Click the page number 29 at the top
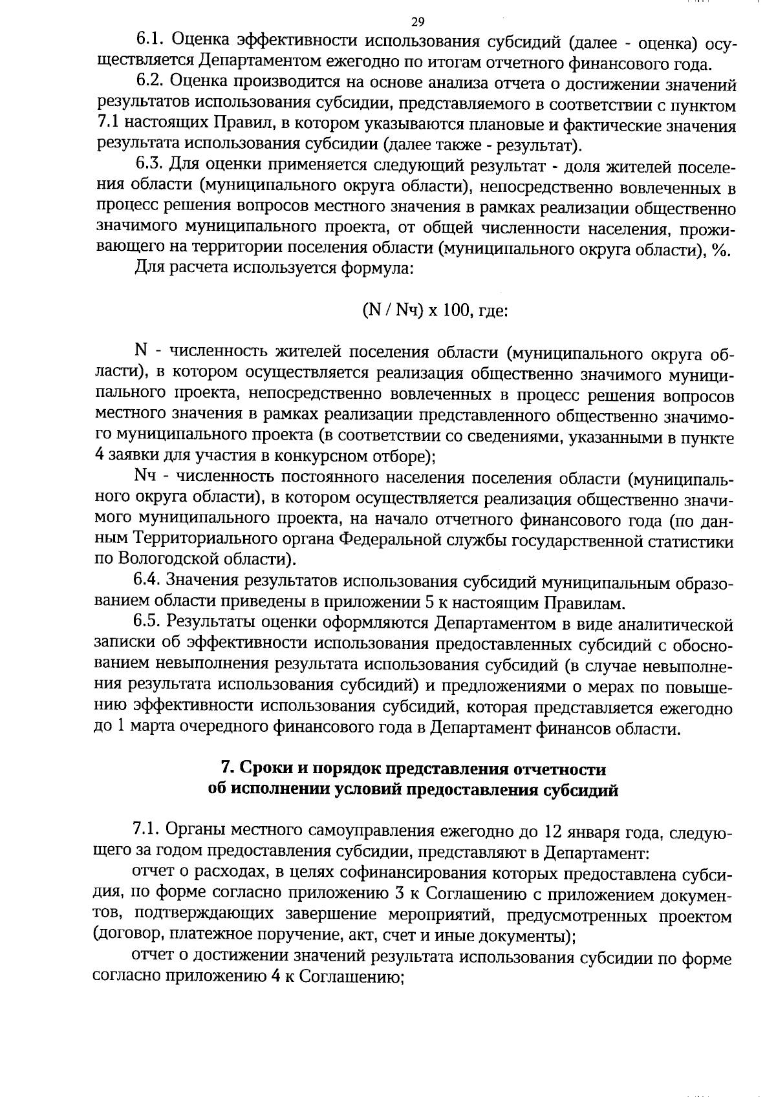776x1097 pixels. click(417, 23)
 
